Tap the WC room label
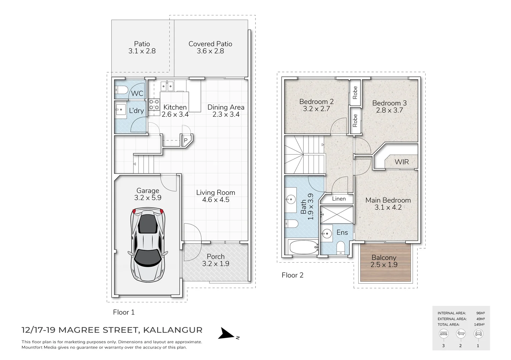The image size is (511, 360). (137, 93)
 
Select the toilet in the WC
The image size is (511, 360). (121, 90)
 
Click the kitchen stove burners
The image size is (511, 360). (154, 105)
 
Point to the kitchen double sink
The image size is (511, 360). (167, 86)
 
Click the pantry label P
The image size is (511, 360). (186, 141)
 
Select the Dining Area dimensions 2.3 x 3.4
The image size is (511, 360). (226, 114)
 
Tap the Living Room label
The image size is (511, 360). (215, 192)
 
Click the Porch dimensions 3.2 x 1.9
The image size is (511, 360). (215, 264)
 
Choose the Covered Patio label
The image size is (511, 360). (210, 44)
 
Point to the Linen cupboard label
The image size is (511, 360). (339, 199)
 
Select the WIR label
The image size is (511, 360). (402, 162)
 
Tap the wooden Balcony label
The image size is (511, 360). (384, 258)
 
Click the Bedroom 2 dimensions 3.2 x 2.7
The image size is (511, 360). (316, 109)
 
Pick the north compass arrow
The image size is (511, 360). (227, 334)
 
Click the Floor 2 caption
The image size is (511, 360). (293, 275)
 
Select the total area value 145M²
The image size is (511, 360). (479, 324)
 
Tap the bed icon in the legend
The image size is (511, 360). (444, 333)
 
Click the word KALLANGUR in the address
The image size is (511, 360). (173, 330)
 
